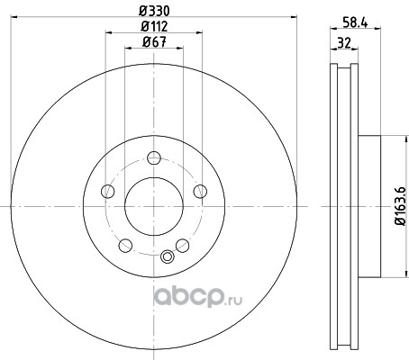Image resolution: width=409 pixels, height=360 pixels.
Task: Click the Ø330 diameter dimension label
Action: point(154,11)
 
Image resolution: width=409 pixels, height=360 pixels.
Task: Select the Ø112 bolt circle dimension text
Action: point(154,27)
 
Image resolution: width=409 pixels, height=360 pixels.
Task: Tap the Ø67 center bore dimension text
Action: point(154,42)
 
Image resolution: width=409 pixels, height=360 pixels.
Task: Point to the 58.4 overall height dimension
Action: point(355,22)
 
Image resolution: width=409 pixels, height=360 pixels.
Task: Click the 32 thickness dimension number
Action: point(344,43)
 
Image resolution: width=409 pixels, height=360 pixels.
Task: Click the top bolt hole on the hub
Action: point(154,157)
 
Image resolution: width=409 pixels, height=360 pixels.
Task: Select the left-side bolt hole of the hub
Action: point(108,191)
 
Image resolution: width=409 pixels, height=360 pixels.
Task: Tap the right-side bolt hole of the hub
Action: point(200,191)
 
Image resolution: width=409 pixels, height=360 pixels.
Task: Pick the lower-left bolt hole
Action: point(125,246)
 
